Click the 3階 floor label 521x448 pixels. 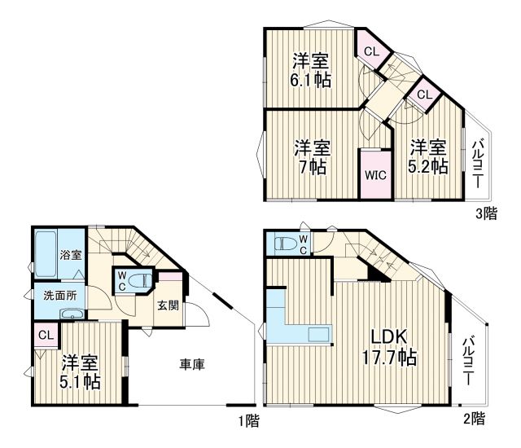coord(487,214)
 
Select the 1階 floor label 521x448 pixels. coord(248,421)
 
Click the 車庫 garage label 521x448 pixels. coord(192,364)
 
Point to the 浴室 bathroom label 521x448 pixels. coord(70,255)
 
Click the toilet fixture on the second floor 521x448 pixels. coord(286,242)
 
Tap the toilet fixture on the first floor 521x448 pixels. coord(138,281)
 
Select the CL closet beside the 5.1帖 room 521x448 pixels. coord(46,334)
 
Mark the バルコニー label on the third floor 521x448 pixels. coord(477,165)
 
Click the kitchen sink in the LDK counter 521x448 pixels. coord(319,333)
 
